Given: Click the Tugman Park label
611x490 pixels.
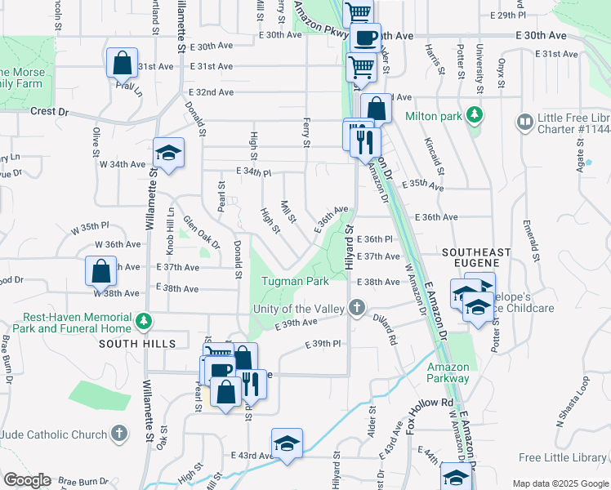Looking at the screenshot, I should pos(295,282).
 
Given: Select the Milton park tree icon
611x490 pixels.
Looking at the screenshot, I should pos(473,115).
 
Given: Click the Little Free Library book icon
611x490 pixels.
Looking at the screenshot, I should pos(525,122).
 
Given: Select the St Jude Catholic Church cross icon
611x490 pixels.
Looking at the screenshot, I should pos(119,434).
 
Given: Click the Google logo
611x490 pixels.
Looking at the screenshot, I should pos(27,480).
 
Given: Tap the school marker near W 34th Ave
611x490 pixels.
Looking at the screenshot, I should pos(169,152).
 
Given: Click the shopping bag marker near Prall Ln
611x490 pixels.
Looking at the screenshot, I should pos(122,62).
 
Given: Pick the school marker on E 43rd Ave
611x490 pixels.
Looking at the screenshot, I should pos(287,443).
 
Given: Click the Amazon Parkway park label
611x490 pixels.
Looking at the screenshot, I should pos(448,373).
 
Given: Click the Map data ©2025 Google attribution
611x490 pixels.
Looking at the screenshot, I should pos(560,483).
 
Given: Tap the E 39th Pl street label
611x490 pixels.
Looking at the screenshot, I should pos(322,344).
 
